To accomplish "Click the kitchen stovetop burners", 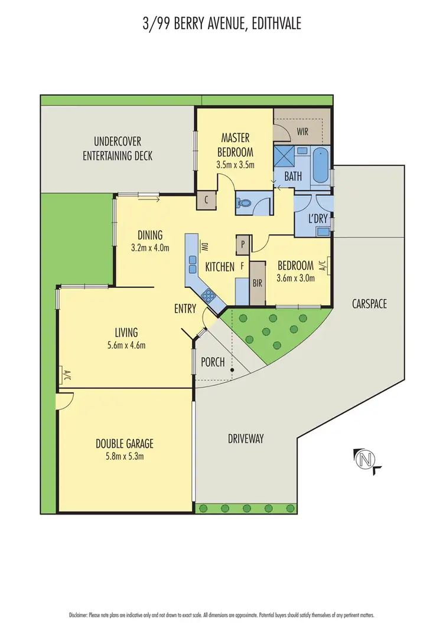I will pyautogui.click(x=208, y=295).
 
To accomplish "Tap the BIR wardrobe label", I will pyautogui.click(x=257, y=283).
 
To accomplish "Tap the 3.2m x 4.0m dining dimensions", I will pyautogui.click(x=150, y=248).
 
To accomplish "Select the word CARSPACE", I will pyautogui.click(x=369, y=304).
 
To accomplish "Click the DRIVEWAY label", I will pyautogui.click(x=246, y=438).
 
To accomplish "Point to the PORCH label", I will pyautogui.click(x=213, y=362).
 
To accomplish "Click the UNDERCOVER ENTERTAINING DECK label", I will pyautogui.click(x=118, y=149).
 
